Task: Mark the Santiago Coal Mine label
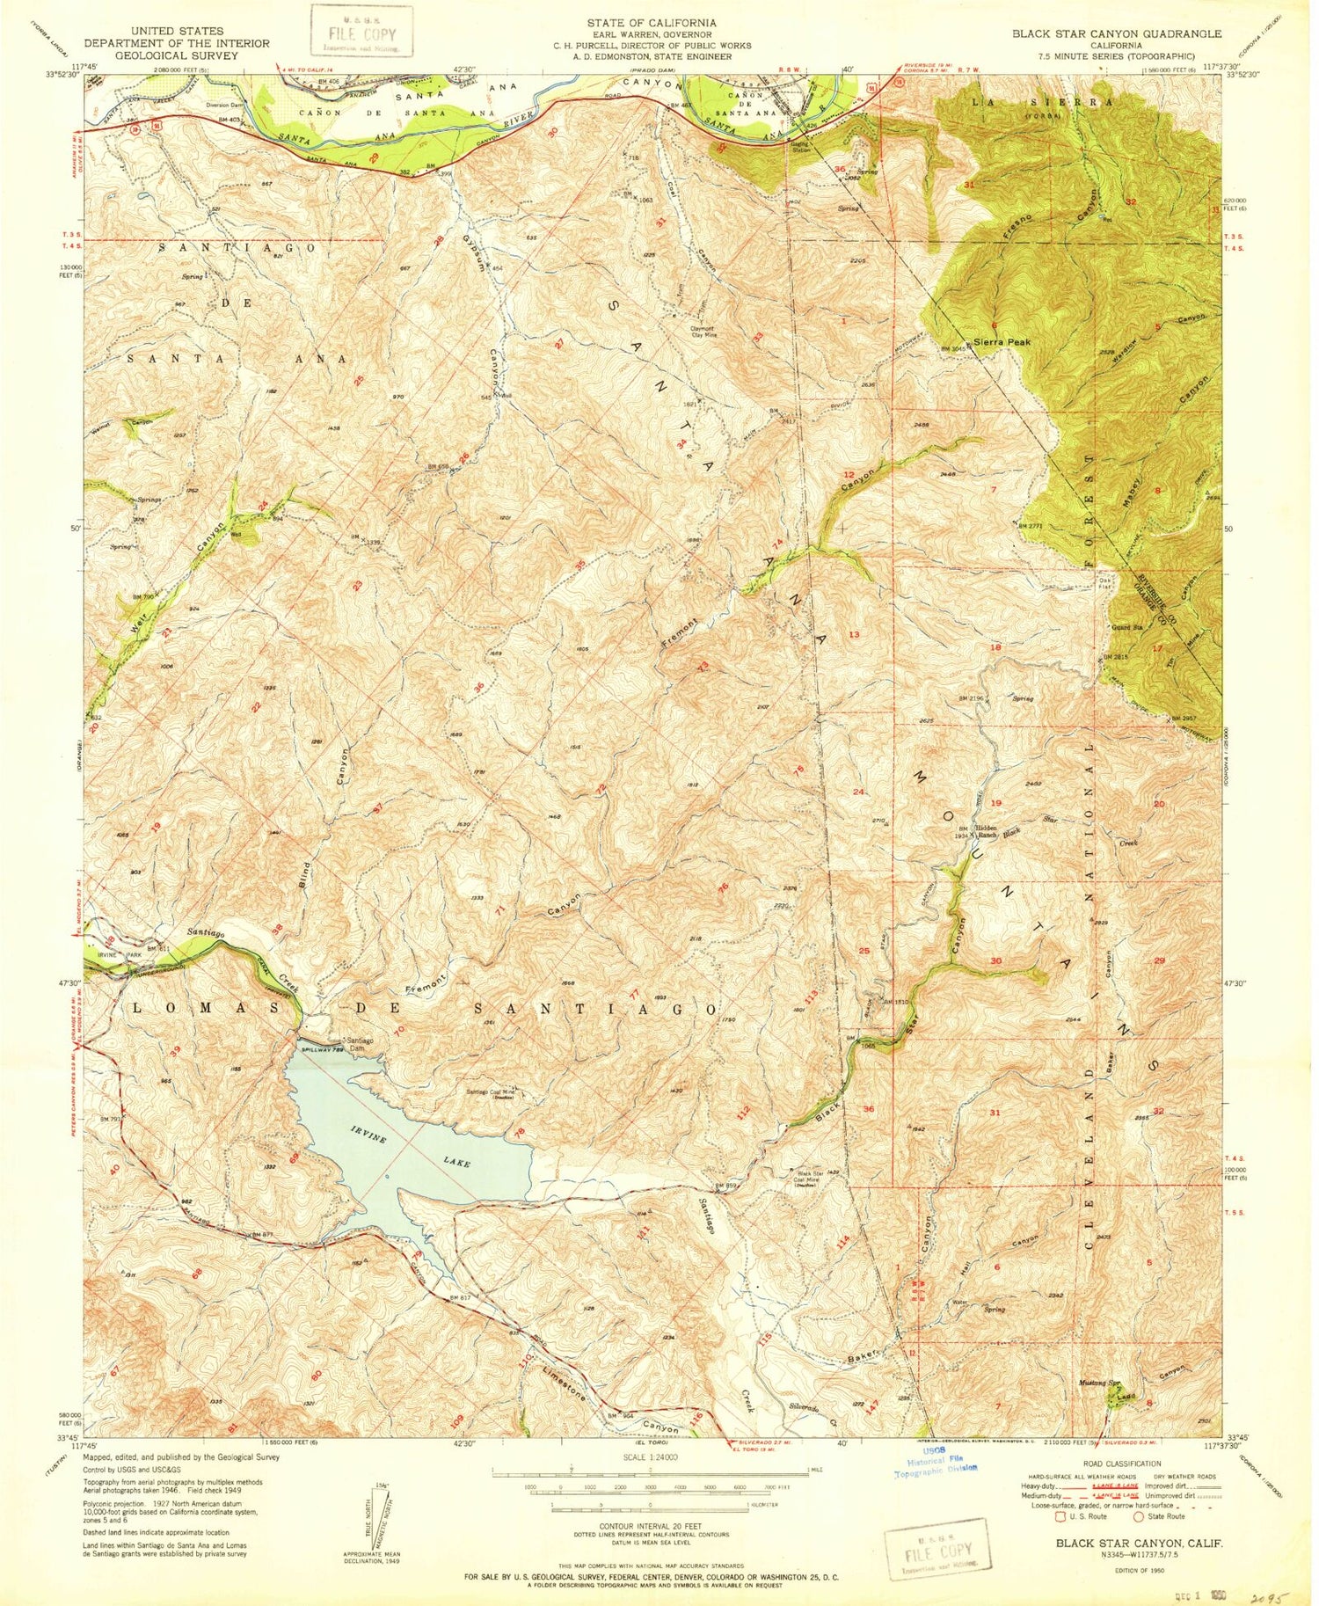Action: pyautogui.click(x=491, y=1094)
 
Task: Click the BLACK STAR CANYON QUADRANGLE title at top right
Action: pyautogui.click(x=1116, y=33)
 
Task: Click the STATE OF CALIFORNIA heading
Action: pyautogui.click(x=652, y=22)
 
